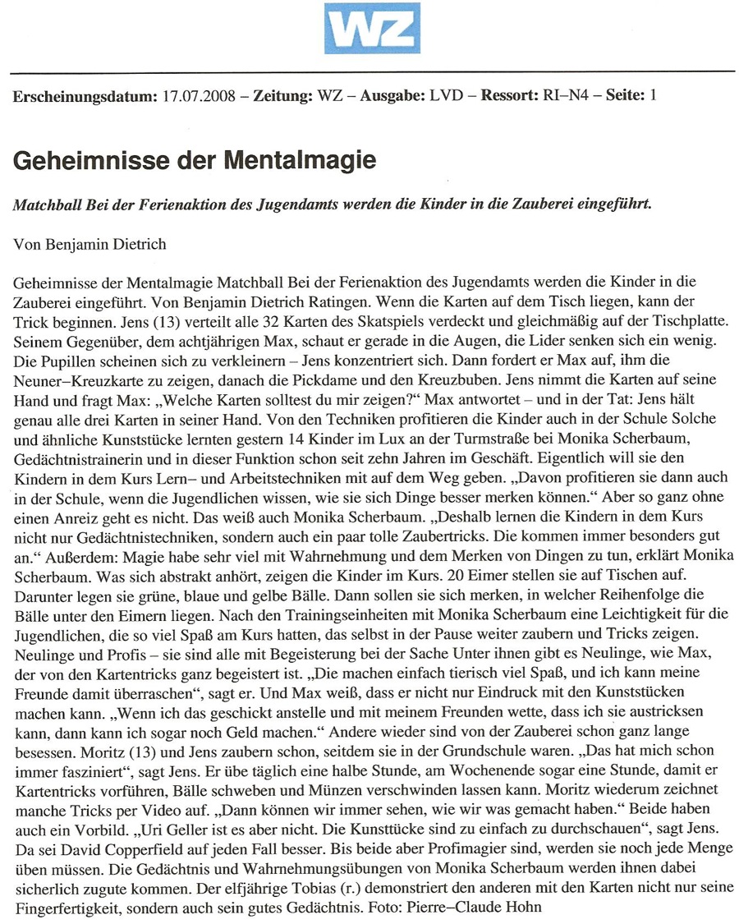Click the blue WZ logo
371,29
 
